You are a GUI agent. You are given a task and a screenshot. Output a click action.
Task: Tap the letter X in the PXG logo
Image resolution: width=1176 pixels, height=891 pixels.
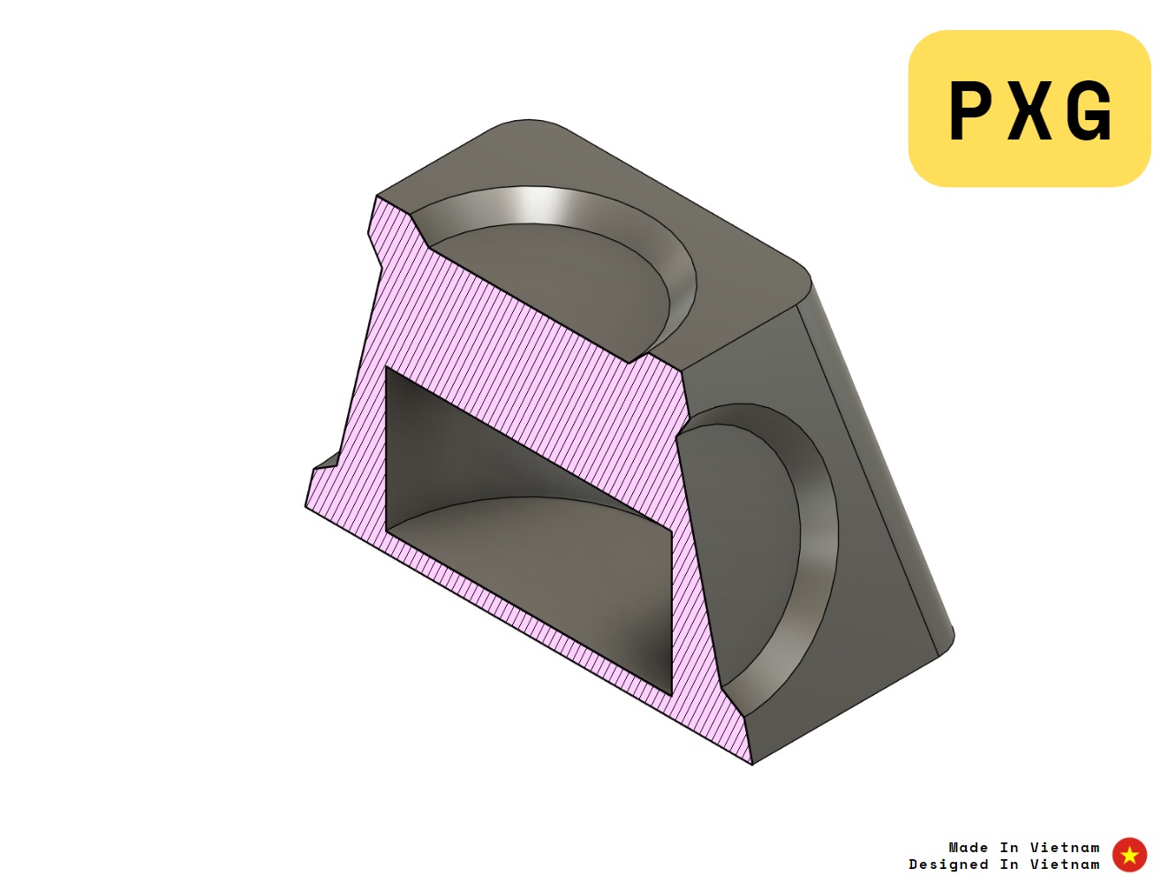[x=1029, y=110]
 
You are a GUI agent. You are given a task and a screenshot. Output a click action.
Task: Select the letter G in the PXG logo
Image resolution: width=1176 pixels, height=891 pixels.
[x=1089, y=110]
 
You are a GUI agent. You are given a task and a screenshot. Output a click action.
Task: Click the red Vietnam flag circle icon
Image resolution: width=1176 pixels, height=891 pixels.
[x=1129, y=855]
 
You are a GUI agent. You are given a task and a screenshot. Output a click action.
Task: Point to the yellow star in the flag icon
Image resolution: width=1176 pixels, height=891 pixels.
[x=1129, y=855]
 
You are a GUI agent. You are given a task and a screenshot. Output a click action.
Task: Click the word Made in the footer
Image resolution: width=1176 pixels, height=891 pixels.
[x=968, y=847]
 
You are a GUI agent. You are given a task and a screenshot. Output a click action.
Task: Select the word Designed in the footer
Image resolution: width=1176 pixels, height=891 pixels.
[x=948, y=865]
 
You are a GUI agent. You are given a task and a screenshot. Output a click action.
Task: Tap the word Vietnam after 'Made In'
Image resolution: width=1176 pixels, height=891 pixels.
[x=1065, y=847]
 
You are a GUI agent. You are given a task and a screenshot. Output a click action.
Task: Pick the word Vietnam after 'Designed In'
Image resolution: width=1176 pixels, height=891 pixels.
[x=1065, y=865]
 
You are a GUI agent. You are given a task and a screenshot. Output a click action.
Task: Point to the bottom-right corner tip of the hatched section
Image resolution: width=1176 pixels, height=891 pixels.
[x=751, y=762]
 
